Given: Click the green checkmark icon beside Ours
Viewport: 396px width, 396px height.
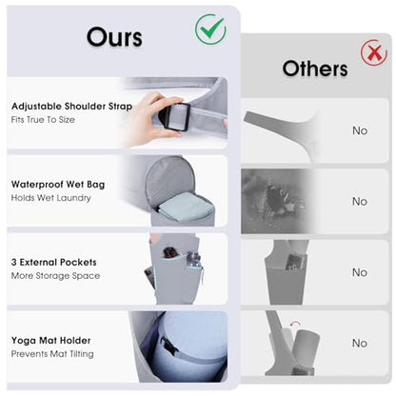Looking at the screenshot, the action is click(210, 30).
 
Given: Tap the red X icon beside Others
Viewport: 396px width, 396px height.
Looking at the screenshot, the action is click(374, 52).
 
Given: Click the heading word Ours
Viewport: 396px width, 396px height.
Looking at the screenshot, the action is click(114, 37).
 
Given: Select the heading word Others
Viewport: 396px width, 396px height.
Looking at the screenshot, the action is click(315, 69).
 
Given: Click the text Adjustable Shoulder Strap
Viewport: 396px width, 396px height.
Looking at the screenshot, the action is click(71, 107).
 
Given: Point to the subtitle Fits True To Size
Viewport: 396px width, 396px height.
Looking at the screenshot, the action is click(43, 120).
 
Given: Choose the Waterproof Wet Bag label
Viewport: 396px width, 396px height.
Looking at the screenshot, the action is click(58, 185).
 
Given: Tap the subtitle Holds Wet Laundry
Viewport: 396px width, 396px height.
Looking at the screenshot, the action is click(51, 198).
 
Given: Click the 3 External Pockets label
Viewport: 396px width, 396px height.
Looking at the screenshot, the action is click(54, 262).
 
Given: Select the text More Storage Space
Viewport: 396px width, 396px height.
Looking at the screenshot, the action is click(55, 276).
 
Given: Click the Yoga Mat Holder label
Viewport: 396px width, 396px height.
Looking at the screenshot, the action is click(50, 341).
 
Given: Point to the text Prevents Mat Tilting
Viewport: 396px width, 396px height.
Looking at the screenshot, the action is click(52, 354).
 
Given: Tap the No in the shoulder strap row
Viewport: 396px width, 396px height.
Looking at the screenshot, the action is click(360, 130).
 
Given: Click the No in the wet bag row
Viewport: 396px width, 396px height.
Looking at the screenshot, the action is click(360, 201).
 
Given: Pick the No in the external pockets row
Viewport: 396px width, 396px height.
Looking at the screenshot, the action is click(360, 272).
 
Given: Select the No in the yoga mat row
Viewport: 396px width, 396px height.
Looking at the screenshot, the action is click(360, 343).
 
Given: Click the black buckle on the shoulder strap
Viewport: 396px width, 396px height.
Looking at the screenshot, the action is click(174, 116).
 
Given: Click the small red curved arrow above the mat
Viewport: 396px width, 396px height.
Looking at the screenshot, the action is click(296, 324).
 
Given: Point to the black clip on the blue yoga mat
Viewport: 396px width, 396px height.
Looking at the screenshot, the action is click(168, 346).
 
